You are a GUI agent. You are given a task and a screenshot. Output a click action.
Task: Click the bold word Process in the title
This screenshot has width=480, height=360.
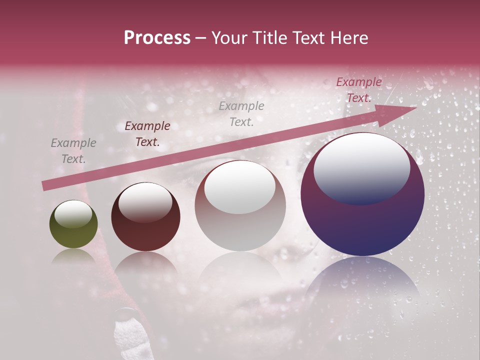(157, 38)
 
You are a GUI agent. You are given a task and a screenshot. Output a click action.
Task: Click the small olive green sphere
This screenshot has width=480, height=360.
(73, 224)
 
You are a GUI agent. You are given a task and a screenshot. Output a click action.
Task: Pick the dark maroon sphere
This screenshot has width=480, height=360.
(145, 217)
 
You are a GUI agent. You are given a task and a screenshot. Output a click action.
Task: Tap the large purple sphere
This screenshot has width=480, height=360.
(362, 194)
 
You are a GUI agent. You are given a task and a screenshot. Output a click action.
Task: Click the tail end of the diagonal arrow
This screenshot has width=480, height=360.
(46, 186)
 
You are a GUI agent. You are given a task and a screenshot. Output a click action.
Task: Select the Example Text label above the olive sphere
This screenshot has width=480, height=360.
(73, 151)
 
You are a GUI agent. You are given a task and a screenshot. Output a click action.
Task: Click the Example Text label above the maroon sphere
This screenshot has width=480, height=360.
(147, 134)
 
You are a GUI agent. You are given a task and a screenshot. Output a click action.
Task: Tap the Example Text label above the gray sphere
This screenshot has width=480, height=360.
(241, 113)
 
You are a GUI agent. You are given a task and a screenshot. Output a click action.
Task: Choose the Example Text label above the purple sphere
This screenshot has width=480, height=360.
(358, 90)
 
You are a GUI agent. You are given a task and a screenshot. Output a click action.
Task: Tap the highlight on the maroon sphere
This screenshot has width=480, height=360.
(145, 202)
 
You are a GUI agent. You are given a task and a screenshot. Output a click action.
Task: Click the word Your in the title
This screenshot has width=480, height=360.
(230, 38)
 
